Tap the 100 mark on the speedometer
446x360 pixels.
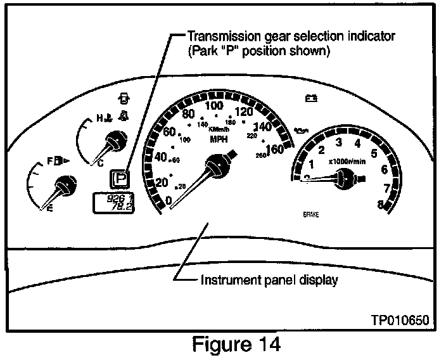click(x=215, y=105)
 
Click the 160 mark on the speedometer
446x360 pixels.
click(x=275, y=150)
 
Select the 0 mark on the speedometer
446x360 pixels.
click(x=168, y=200)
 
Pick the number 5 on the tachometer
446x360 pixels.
click(x=374, y=153)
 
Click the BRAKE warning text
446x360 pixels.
click(x=311, y=215)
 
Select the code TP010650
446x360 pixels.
click(x=400, y=320)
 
